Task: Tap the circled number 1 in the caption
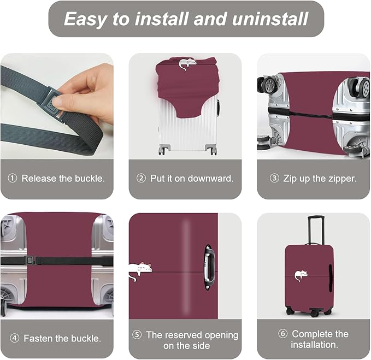pos(13,179)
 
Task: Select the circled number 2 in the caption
pos(141,179)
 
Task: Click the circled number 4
pos(14,339)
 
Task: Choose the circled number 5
pos(137,334)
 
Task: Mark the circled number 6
pos(282,334)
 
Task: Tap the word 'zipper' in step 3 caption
pos(340,179)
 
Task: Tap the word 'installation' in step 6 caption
pos(314,345)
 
